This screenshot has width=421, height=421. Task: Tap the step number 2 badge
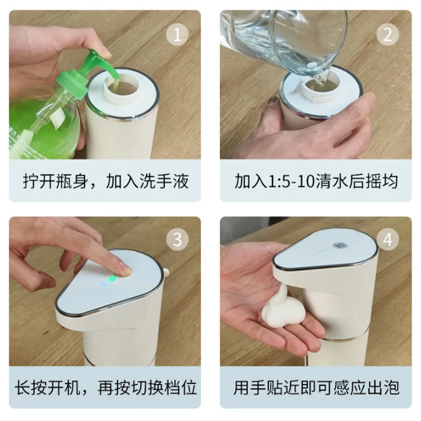click(387, 35)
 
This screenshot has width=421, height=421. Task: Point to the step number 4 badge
click(387, 239)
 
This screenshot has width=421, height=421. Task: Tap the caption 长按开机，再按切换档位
click(105, 388)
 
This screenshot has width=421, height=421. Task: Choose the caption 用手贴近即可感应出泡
click(316, 388)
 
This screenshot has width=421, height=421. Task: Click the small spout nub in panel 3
click(166, 272)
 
